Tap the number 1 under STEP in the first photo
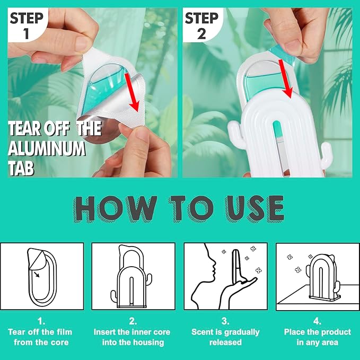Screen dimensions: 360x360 (x=27, y=34)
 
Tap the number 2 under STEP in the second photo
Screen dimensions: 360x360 (x=201, y=34)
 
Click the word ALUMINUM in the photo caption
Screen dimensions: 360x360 (x=47, y=148)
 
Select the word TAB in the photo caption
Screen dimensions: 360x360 (x=21, y=168)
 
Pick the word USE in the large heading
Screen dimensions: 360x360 (x=254, y=208)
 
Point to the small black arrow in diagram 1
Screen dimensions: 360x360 (x=36, y=274)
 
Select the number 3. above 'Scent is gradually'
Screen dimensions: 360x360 (x=225, y=321)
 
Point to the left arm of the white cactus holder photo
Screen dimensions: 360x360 (x=235, y=131)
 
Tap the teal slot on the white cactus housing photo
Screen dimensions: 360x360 (x=277, y=131)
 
